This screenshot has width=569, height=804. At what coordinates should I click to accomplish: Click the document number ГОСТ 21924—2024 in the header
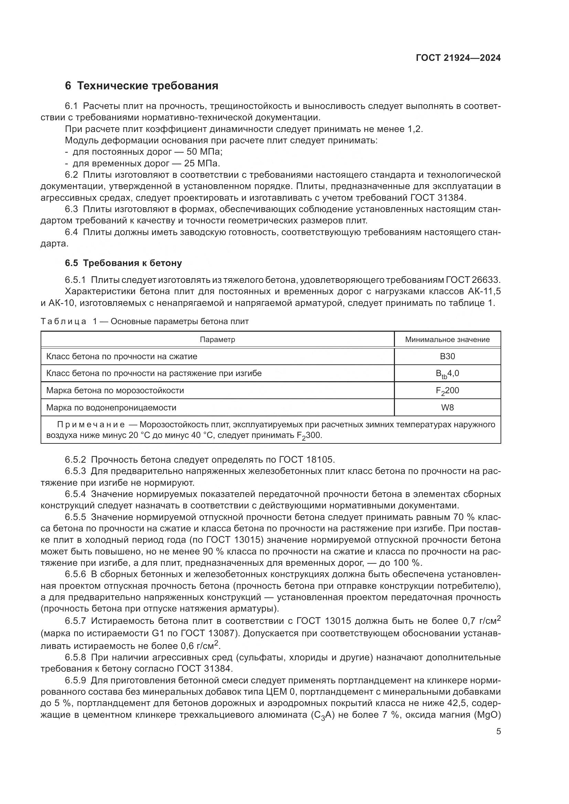(x=458, y=58)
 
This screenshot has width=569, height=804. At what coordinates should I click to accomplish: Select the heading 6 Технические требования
(x=141, y=86)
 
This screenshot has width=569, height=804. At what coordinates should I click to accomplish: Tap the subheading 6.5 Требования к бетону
(x=124, y=263)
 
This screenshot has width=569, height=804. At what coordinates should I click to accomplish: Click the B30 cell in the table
(x=448, y=356)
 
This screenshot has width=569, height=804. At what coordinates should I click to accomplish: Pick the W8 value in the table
(x=448, y=408)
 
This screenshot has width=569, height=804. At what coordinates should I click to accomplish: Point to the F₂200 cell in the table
(x=448, y=391)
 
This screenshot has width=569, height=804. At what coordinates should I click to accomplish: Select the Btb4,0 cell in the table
(x=448, y=374)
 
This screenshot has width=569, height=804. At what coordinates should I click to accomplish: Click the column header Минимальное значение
(x=448, y=339)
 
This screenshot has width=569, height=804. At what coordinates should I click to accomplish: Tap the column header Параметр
(x=217, y=339)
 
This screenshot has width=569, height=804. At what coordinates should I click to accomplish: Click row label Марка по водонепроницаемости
(x=111, y=408)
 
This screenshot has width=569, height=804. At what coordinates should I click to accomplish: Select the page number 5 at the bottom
(x=498, y=731)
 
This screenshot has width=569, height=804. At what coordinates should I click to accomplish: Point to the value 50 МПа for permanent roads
(x=204, y=152)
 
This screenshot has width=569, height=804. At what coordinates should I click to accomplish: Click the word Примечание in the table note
(x=91, y=425)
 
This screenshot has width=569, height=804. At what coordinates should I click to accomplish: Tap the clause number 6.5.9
(x=75, y=681)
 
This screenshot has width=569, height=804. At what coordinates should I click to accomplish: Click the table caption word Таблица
(x=63, y=321)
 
